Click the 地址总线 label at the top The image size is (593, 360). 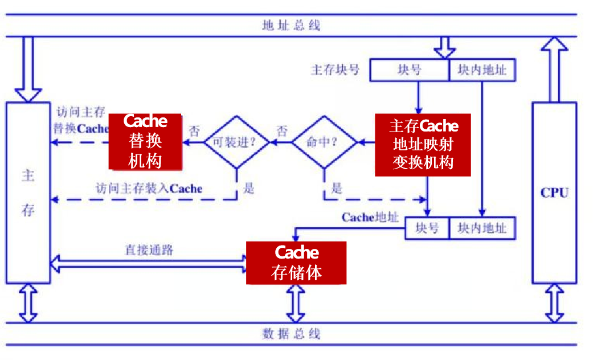click(x=291, y=26)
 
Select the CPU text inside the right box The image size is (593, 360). click(x=554, y=193)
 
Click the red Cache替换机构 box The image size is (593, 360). click(x=145, y=141)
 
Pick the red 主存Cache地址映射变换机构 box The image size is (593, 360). click(x=423, y=144)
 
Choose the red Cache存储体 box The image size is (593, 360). click(x=296, y=263)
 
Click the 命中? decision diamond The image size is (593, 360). click(x=324, y=142)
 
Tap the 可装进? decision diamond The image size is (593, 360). click(x=236, y=142)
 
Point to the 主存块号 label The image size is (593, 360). click(x=336, y=70)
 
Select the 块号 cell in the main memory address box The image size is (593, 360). click(x=409, y=71)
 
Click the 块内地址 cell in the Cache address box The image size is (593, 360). click(x=482, y=228)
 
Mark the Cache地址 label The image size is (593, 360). click(x=370, y=218)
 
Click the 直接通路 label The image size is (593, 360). click(x=149, y=249)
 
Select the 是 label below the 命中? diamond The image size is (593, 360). click(x=336, y=189)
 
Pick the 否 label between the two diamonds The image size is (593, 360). click(x=282, y=130)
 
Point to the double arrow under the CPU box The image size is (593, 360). click(x=554, y=303)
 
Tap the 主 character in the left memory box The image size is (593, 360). click(x=28, y=175)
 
